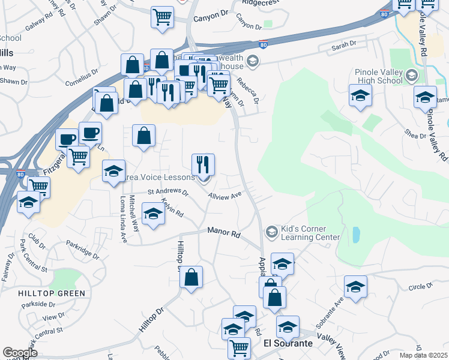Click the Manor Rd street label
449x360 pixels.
click(x=223, y=231)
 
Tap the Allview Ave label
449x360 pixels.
click(x=224, y=195)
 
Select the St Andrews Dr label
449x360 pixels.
click(x=167, y=192)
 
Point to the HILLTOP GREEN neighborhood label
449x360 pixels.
click(x=51, y=293)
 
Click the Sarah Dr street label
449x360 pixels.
click(x=345, y=44)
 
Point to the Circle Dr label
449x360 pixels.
click(x=420, y=287)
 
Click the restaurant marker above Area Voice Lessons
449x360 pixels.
click(x=203, y=164)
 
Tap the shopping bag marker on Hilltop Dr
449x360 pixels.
click(x=191, y=278)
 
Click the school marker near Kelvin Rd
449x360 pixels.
click(x=153, y=214)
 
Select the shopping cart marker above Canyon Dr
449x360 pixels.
click(x=162, y=17)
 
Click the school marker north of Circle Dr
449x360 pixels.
click(x=355, y=286)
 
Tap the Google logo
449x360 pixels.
click(x=20, y=353)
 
